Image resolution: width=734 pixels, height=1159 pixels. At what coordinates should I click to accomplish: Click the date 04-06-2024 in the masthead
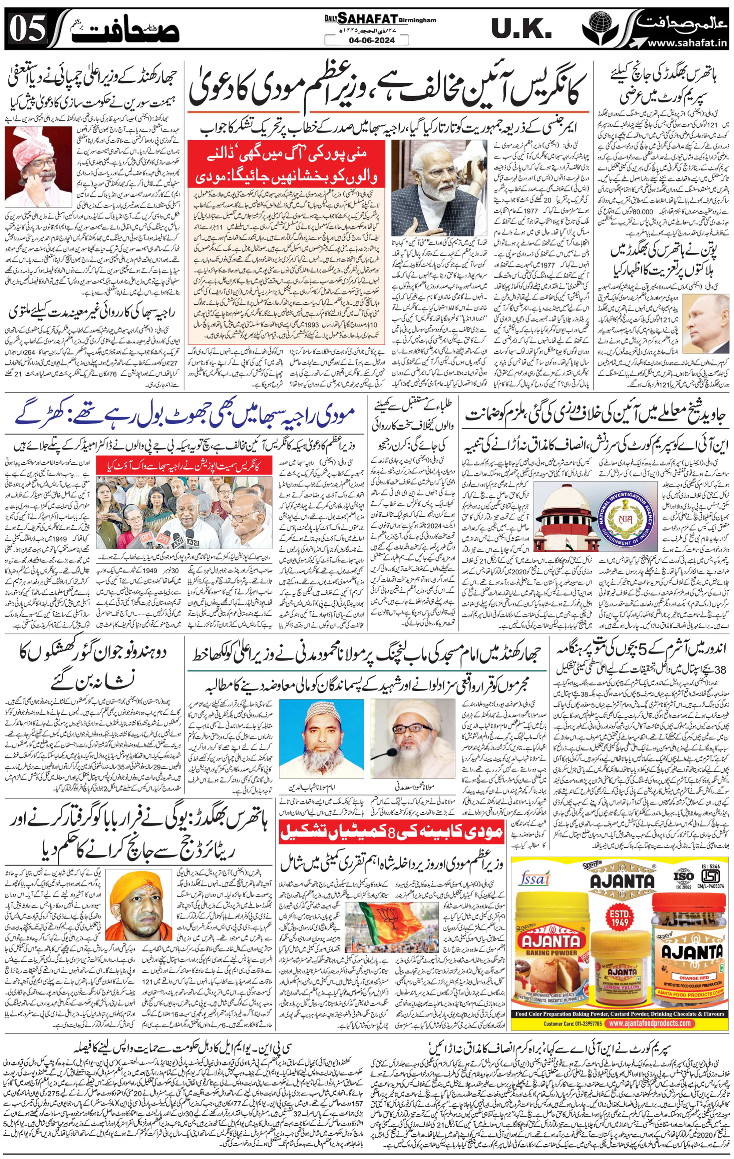click(367, 40)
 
